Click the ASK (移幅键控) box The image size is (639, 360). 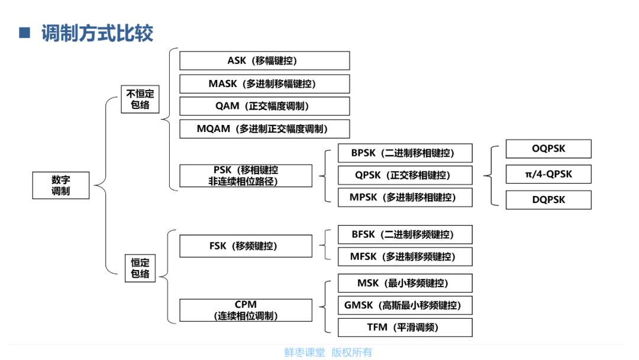pyautogui.click(x=264, y=61)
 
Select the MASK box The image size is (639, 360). pyautogui.click(x=264, y=83)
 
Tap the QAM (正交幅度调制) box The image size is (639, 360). pyautogui.click(x=264, y=106)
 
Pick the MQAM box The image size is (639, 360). pyautogui.click(x=264, y=129)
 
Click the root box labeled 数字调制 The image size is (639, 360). pyautogui.click(x=61, y=185)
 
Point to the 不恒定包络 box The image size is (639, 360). pyautogui.click(x=140, y=99)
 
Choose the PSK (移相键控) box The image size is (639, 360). pyautogui.click(x=246, y=176)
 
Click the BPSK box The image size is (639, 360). pyautogui.click(x=405, y=153)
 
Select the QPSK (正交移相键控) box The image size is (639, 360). pyautogui.click(x=405, y=175)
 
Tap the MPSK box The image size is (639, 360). pyautogui.click(x=405, y=197)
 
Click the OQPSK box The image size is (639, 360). pyautogui.click(x=548, y=149)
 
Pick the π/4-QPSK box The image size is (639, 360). pyautogui.click(x=548, y=174)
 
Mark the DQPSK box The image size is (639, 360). pyautogui.click(x=548, y=200)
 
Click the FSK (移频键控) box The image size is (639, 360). pyautogui.click(x=246, y=246)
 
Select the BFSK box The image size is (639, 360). pyautogui.click(x=405, y=234)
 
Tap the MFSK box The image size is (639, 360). pyautogui.click(x=405, y=257)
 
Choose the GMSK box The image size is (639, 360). pyautogui.click(x=405, y=306)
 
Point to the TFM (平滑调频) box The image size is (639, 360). pyautogui.click(x=405, y=327)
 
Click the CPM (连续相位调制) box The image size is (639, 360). pyautogui.click(x=246, y=310)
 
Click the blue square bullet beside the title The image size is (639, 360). pyautogui.click(x=24, y=33)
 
